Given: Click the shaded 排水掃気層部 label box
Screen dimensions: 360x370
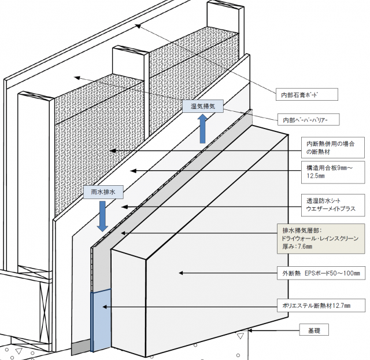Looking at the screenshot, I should [x=321, y=238].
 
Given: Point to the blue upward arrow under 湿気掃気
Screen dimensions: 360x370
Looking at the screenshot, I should [x=203, y=128].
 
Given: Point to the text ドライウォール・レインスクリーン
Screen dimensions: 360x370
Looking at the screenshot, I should [x=319, y=238].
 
